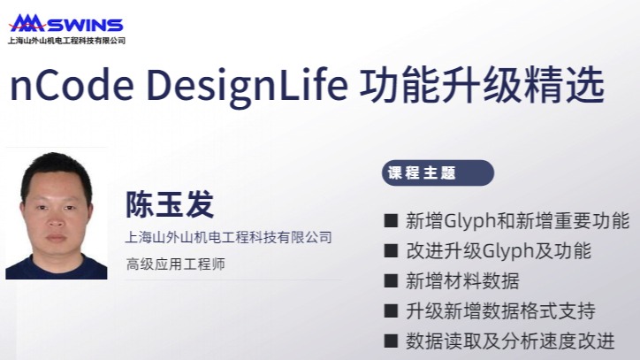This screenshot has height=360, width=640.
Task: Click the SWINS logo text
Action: pyautogui.click(x=86, y=26)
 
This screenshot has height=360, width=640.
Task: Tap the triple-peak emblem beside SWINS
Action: pyautogui.click(x=27, y=23)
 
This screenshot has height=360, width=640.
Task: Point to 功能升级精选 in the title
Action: pyautogui.click(x=482, y=86)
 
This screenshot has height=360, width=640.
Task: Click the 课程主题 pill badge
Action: pyautogui.click(x=438, y=172)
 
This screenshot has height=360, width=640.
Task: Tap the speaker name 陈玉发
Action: pyautogui.click(x=170, y=203)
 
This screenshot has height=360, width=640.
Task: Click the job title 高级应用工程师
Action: pyautogui.click(x=176, y=264)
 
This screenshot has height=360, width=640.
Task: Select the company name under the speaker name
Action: pyautogui.click(x=229, y=237)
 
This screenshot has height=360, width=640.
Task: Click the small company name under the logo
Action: pyautogui.click(x=66, y=41)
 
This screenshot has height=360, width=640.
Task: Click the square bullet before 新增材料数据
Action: pyautogui.click(x=391, y=280)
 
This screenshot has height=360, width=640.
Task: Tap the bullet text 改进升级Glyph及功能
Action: pyautogui.click(x=499, y=250)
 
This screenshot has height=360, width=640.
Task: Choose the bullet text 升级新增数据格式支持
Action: pyautogui.click(x=500, y=311)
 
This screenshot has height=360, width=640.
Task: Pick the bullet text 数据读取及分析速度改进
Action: pyautogui.click(x=510, y=341)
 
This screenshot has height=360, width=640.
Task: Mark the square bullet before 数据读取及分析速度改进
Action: pyautogui.click(x=391, y=341)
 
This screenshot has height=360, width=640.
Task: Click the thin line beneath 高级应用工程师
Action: pyautogui.click(x=233, y=280)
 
